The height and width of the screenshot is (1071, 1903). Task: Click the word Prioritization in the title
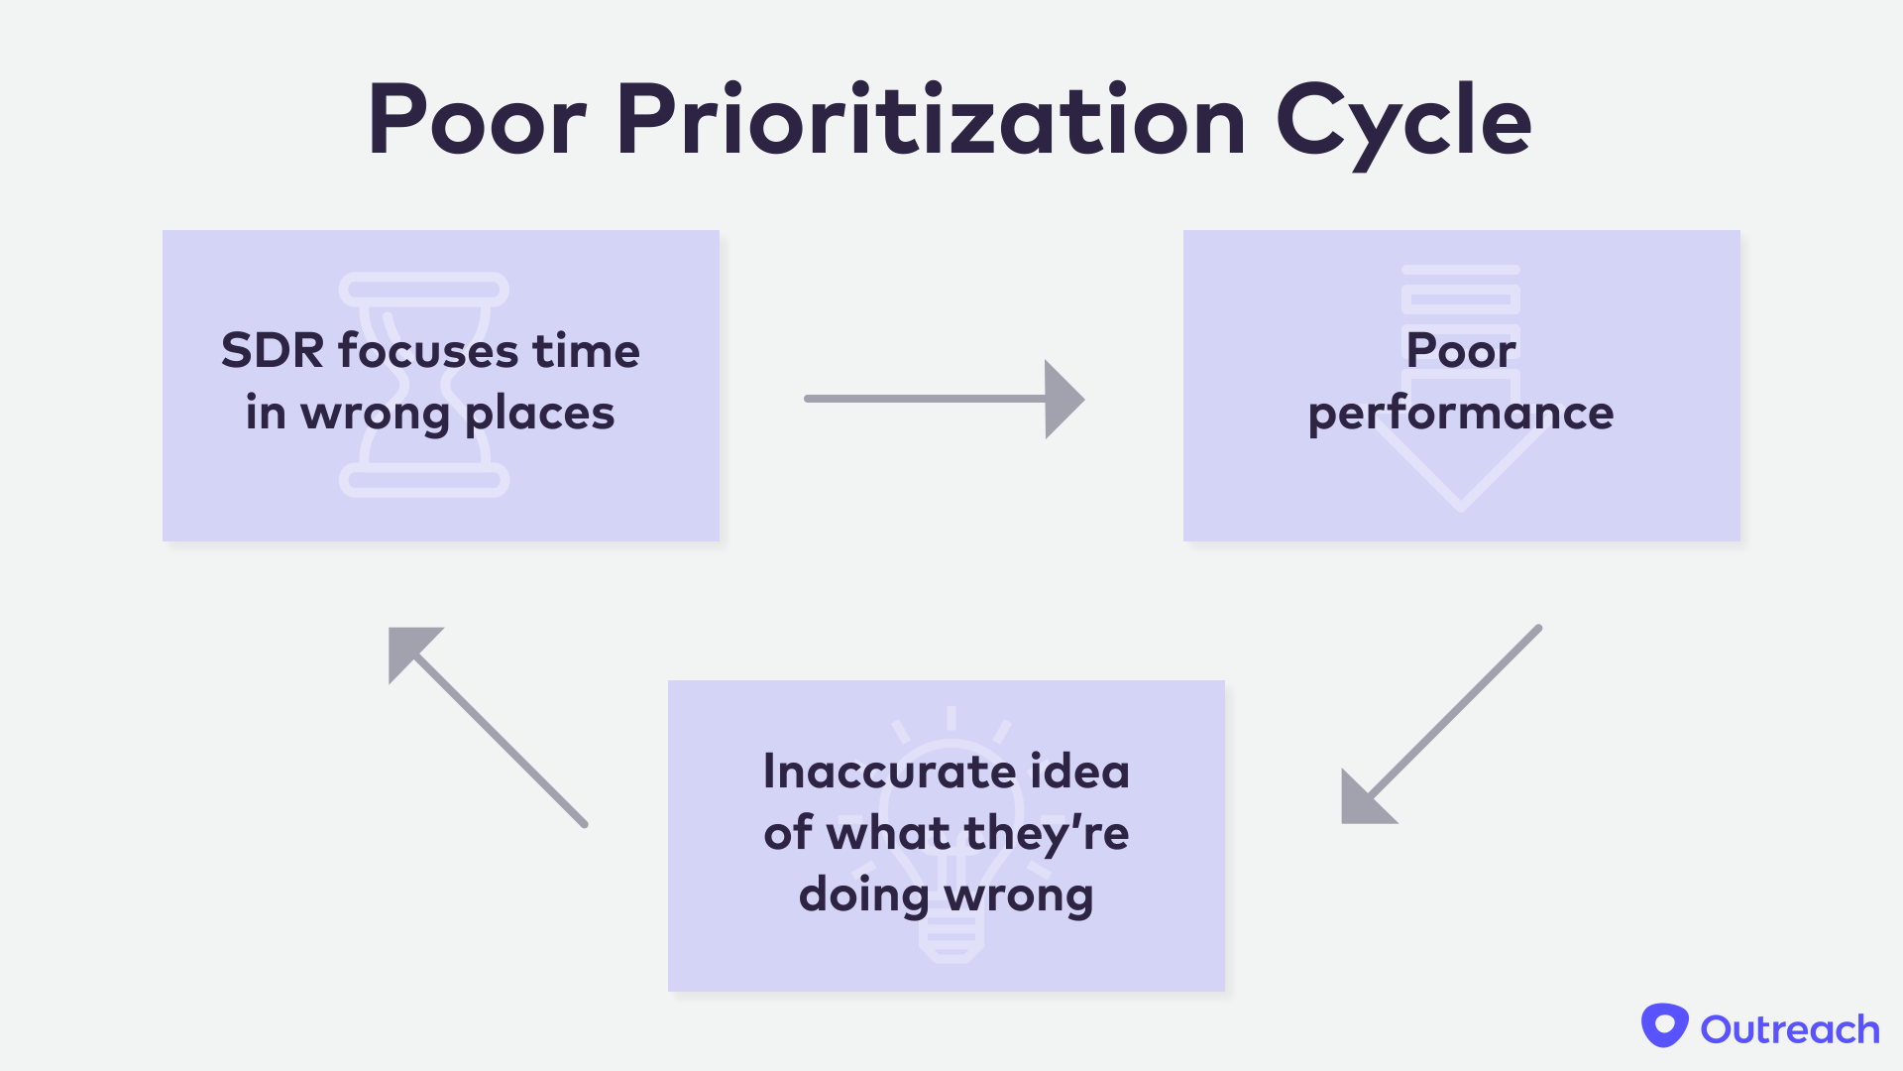(x=930, y=121)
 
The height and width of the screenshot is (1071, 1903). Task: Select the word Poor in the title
(x=477, y=121)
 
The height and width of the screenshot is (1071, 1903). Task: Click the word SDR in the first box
(x=273, y=351)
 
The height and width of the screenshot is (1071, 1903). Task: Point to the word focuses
(x=427, y=351)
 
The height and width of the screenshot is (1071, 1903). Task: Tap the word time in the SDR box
(x=586, y=351)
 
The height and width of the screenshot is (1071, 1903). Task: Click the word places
(x=539, y=414)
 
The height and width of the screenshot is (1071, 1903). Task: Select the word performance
(x=1460, y=414)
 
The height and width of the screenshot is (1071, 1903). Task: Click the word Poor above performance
(x=1460, y=351)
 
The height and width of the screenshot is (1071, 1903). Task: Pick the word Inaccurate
(x=889, y=772)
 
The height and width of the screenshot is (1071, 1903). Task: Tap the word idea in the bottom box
(x=1079, y=772)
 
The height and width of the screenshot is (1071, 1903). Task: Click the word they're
(x=1046, y=833)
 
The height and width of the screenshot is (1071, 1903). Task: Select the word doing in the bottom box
(x=863, y=894)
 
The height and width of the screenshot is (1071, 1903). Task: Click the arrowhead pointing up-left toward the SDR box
(x=407, y=647)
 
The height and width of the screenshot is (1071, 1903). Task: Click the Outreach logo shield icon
(x=1664, y=1026)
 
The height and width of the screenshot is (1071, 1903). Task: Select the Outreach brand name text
(x=1790, y=1029)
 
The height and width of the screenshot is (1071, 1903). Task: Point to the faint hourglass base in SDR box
(x=424, y=482)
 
